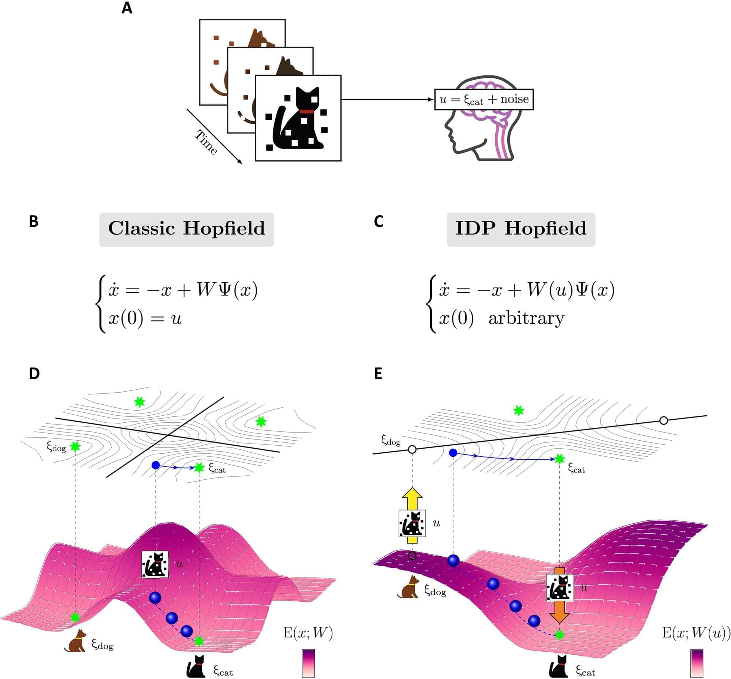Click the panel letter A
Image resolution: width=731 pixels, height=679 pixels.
click(x=127, y=8)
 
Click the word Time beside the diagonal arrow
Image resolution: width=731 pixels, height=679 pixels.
click(x=206, y=142)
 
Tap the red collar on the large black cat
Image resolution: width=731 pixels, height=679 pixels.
click(x=306, y=111)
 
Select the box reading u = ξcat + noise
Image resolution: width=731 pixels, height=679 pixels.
click(x=484, y=99)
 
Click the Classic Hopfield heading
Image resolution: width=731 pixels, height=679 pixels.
click(x=187, y=229)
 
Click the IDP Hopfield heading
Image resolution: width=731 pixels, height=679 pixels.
click(x=520, y=229)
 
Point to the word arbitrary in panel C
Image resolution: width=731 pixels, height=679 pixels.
click(x=526, y=318)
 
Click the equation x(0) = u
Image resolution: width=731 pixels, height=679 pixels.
click(x=145, y=318)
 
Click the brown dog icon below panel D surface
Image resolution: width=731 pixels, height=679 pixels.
click(x=76, y=641)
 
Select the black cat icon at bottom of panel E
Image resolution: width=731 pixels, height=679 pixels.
click(x=559, y=667)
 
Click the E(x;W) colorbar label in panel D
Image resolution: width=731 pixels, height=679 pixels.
click(x=308, y=633)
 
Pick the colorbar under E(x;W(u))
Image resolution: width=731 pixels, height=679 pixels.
click(x=697, y=664)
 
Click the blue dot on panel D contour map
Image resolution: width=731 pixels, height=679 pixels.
click(x=156, y=465)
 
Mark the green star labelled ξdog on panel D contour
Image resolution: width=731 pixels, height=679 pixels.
click(x=75, y=446)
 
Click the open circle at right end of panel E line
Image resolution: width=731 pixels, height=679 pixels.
click(x=663, y=420)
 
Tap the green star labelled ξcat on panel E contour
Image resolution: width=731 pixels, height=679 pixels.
click(x=560, y=459)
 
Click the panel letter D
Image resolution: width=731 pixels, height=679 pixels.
click(x=34, y=374)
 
